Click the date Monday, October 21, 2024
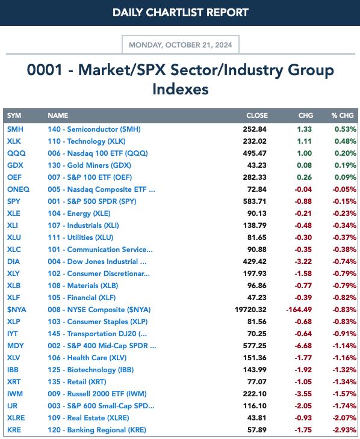(180, 45)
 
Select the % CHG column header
(343, 115)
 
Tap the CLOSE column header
(257, 115)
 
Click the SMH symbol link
(15, 129)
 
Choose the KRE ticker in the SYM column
(14, 430)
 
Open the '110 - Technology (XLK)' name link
(86, 141)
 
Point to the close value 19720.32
(250, 310)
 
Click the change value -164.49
(299, 310)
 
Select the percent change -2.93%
(344, 430)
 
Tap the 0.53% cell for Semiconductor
(346, 129)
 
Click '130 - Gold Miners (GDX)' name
(89, 165)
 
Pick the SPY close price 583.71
(255, 201)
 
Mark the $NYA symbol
(16, 310)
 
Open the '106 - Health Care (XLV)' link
(87, 358)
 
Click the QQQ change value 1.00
(304, 153)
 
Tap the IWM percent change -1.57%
(344, 394)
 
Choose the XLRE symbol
(16, 418)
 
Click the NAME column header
(58, 115)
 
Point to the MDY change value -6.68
(303, 346)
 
